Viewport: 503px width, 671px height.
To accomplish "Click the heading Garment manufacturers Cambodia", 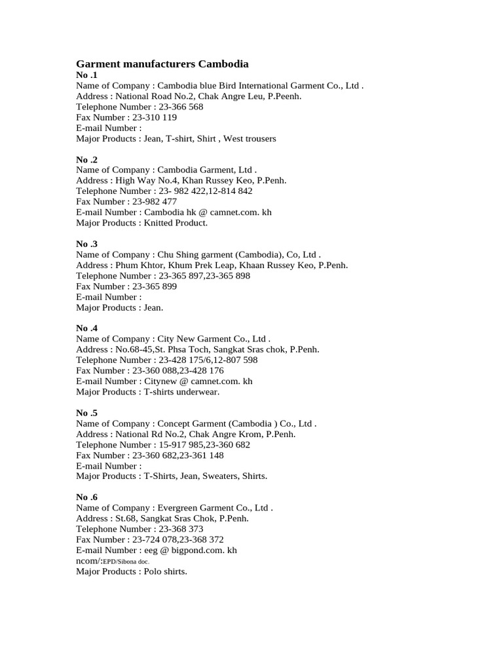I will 162,64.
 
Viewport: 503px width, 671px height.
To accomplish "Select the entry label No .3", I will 86,244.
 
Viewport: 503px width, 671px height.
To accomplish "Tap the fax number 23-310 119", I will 155,117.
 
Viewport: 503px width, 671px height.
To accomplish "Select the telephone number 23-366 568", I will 181,107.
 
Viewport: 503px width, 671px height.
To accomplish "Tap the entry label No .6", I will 86,497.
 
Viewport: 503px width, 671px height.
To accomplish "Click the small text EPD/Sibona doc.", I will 126,562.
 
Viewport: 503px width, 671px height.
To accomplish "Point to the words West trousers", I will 250,139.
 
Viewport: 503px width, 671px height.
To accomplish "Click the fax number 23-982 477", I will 155,202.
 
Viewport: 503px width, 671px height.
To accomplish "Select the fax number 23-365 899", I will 155,286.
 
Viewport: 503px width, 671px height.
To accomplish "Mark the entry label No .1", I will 86,75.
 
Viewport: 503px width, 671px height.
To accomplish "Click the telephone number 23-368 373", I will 181,529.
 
